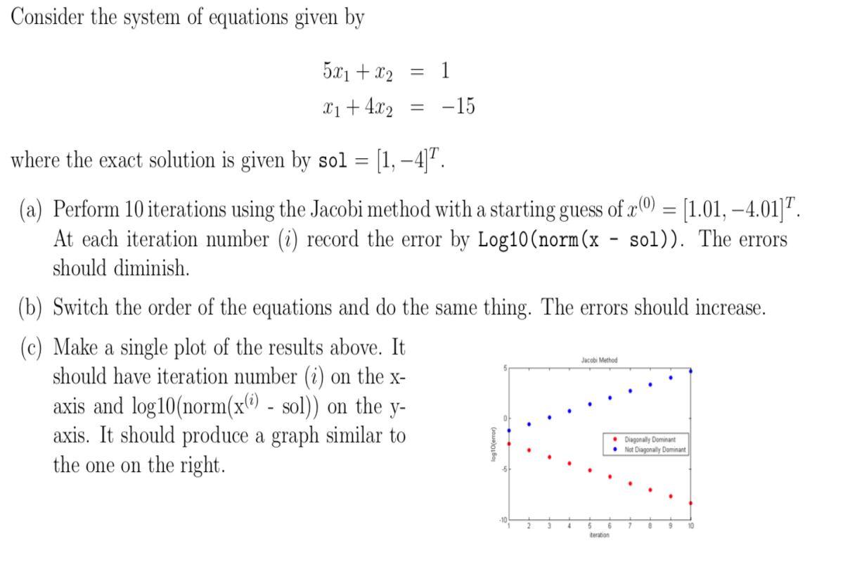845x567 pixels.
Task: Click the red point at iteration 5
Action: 590,470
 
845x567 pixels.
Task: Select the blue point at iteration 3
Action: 550,417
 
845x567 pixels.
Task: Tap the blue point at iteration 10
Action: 691,371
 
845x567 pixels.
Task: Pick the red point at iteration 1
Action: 509,444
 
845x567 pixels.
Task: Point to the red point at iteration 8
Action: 650,490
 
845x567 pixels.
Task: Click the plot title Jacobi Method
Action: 599,360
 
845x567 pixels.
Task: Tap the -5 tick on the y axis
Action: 503,469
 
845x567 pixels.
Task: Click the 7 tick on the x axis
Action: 630,526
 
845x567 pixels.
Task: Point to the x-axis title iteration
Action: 600,535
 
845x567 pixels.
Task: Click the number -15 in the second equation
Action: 458,107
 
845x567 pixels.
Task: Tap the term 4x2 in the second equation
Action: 378,108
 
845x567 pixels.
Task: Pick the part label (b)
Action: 30,307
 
